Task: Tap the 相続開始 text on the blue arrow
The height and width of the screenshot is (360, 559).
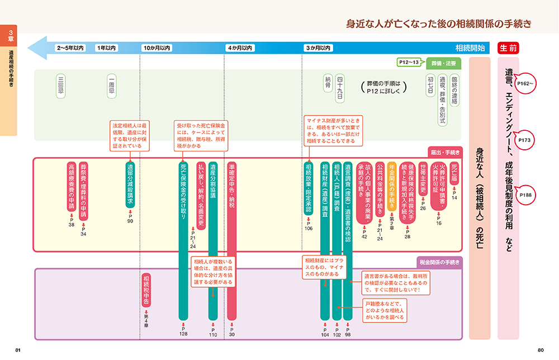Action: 470,48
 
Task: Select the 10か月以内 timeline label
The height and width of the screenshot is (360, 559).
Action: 157,48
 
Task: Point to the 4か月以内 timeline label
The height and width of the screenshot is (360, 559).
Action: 240,48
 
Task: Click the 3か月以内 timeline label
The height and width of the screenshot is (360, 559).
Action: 318,48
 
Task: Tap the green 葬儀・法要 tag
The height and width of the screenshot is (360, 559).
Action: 445,62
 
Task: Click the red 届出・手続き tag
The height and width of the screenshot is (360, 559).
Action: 444,151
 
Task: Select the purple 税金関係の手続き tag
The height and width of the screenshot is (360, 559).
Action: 439,262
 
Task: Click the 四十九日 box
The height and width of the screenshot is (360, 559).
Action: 339,89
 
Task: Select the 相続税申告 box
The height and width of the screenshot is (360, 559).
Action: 146,291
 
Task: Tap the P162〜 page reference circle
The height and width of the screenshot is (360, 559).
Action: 525,83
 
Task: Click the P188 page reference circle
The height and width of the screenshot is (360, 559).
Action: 525,195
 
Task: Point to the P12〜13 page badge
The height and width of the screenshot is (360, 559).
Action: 409,62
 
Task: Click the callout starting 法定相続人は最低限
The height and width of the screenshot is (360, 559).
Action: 129,135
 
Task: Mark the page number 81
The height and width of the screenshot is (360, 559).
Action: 18,350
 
